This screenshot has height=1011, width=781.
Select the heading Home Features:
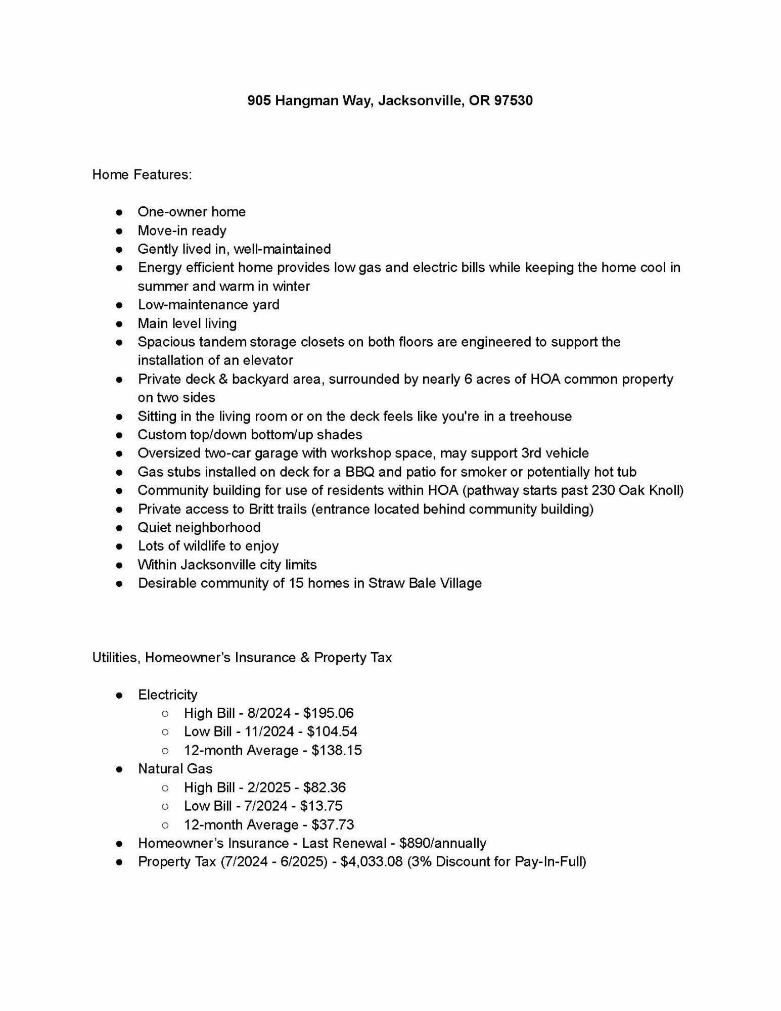[x=142, y=174]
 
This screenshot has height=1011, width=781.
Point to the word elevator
[x=268, y=360]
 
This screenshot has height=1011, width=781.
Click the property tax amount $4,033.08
[x=372, y=862]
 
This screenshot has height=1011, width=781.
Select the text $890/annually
[x=442, y=843]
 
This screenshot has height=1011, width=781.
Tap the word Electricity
[x=167, y=695]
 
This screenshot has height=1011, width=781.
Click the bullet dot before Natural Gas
[x=120, y=769]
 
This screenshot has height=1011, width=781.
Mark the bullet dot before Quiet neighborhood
[x=120, y=528]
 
